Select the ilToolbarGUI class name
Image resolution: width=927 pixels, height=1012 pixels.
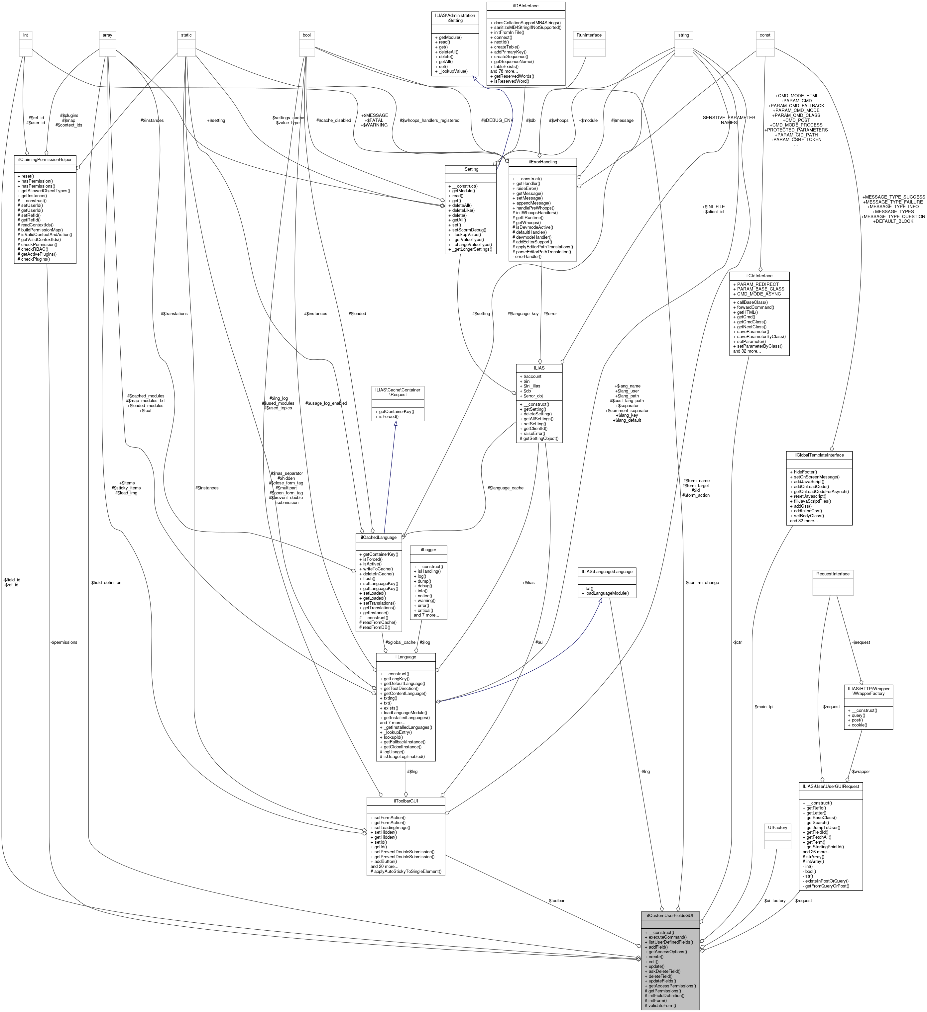pos(406,801)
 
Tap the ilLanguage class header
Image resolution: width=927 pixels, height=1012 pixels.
pos(406,657)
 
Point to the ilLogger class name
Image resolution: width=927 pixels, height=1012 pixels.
pos(428,550)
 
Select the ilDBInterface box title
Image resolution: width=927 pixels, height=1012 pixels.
pos(525,6)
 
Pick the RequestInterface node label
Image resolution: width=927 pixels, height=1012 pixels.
pos(833,574)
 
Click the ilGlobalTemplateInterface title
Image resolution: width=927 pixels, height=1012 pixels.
pos(819,455)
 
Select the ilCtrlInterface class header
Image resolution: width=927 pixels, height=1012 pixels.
pos(759,276)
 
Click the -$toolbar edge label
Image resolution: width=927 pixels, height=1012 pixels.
pos(556,900)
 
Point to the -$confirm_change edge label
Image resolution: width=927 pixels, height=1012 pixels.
pos(701,583)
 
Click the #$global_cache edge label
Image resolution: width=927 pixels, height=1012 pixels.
pos(401,642)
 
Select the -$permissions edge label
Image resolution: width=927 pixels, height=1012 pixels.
pos(64,642)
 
